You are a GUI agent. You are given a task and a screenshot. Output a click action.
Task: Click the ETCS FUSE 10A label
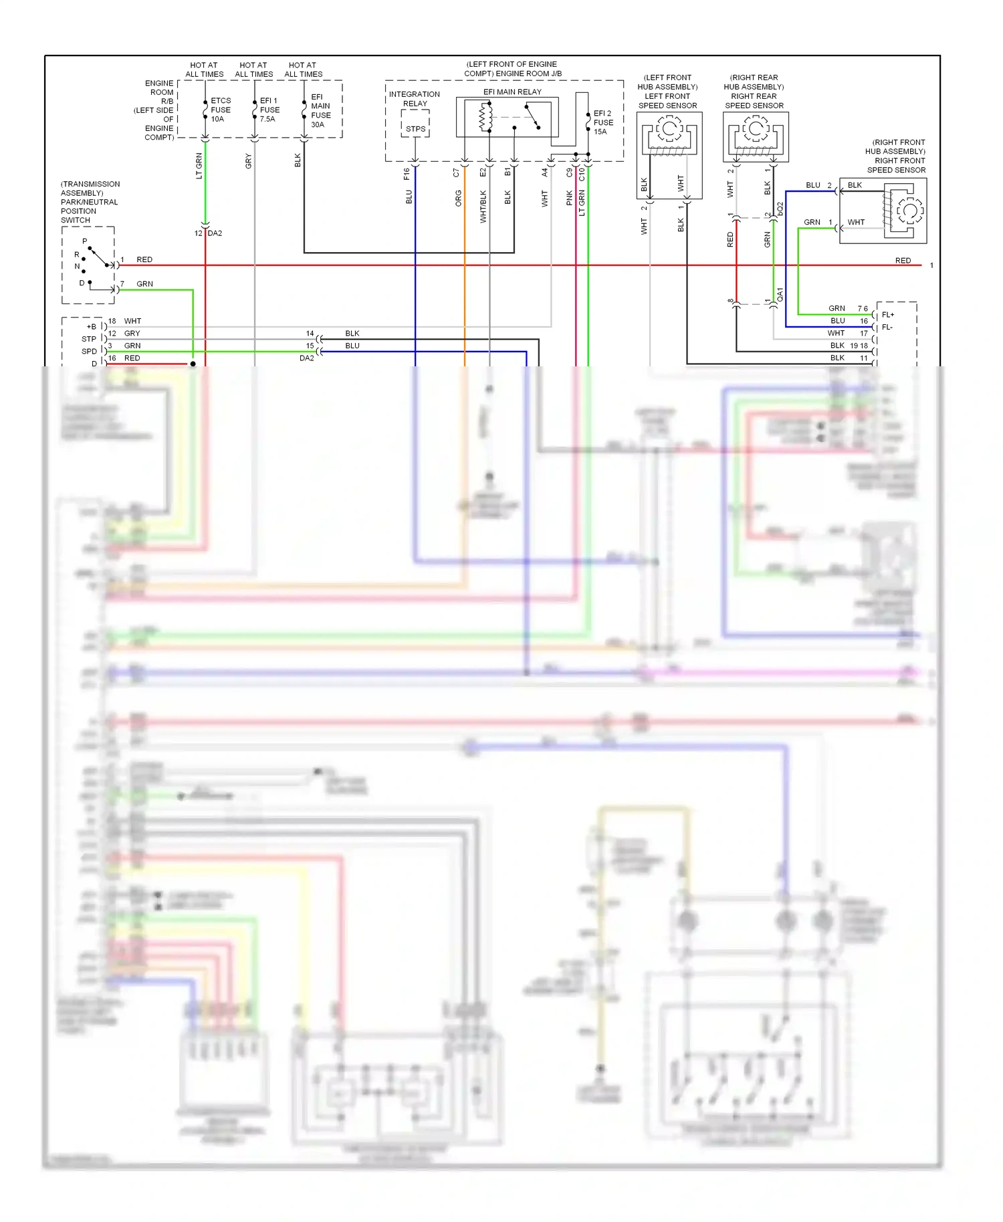click(220, 110)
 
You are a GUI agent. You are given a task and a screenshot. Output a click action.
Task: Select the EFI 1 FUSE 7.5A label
click(269, 110)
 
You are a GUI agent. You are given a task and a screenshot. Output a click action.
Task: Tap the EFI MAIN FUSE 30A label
click(320, 110)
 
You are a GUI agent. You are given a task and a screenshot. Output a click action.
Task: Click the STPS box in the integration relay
click(415, 128)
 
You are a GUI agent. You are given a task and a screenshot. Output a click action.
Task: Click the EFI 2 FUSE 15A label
click(602, 122)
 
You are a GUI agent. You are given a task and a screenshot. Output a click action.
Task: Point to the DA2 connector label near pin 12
click(215, 233)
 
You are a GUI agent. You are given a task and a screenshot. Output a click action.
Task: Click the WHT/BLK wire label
click(483, 207)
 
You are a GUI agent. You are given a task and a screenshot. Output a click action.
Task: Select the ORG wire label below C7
click(459, 198)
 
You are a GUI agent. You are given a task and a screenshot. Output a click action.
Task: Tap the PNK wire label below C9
click(570, 198)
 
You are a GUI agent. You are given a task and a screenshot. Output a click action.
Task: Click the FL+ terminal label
click(888, 314)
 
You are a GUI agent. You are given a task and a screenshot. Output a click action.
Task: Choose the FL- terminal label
click(887, 327)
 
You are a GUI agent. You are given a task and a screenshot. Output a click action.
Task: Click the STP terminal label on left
click(89, 339)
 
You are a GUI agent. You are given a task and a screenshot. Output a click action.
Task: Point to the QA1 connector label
click(780, 294)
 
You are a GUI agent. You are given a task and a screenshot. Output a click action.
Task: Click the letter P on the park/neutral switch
click(84, 241)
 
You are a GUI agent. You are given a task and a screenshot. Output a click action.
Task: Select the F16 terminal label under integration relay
click(407, 174)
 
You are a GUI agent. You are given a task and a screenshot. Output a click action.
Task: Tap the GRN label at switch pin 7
click(144, 284)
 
